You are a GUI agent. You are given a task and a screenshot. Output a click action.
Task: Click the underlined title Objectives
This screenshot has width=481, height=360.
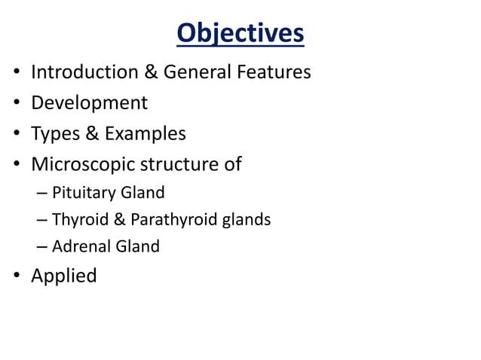[240, 33]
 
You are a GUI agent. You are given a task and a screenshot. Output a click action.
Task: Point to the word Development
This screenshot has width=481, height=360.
[89, 103]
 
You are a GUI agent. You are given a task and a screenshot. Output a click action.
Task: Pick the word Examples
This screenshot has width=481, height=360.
[145, 134]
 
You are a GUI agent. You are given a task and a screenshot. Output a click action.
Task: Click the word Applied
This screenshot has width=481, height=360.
[63, 276]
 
